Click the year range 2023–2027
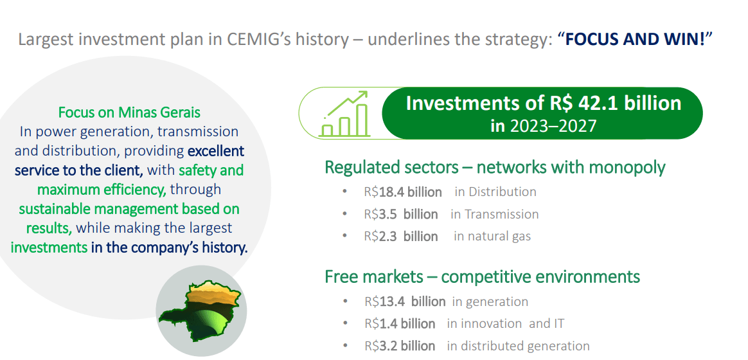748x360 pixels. coord(553,125)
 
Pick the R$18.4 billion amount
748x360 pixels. coord(403,192)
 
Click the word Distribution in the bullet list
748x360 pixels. coord(503,192)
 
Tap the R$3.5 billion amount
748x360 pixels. coord(401,214)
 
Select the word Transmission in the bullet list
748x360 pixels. coord(502,214)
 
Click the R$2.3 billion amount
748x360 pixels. coord(401,237)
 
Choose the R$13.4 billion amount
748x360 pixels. coord(405,301)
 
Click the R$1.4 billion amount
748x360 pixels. coord(399,324)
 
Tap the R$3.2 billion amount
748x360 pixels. coord(399,346)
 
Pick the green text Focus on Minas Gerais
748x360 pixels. coord(129,113)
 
